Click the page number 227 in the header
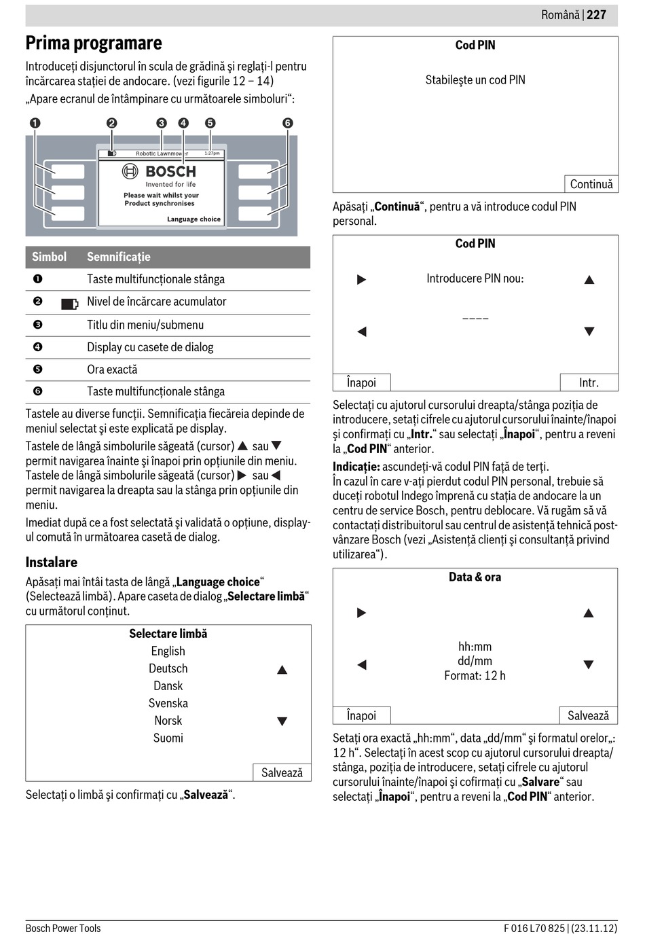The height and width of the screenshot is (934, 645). pos(596,15)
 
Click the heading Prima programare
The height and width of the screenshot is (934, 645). pos(94,43)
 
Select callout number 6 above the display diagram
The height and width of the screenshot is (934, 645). pos(288,123)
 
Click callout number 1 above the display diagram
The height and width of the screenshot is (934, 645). pos(35,123)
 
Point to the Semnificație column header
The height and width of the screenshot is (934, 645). pos(119,257)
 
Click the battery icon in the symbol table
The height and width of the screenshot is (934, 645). pos(69,304)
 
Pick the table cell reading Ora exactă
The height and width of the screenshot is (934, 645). pos(112,370)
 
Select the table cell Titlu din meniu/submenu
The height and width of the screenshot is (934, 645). pos(145,325)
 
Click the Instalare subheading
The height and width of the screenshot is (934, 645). pos(52,562)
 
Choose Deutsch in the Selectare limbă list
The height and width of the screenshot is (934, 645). pos(168,668)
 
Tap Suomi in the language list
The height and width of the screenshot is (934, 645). pos(168,738)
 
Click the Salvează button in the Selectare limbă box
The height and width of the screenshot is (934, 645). pos(282,772)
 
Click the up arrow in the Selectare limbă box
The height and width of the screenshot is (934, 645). pos(282,670)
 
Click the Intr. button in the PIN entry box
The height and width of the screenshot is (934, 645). pos(589,382)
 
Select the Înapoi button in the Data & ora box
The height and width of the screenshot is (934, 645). pos(362,715)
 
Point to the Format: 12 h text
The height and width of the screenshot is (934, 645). pos(475,676)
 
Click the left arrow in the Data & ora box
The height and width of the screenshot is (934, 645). pos(362,664)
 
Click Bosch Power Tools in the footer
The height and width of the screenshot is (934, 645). pos(63,928)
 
